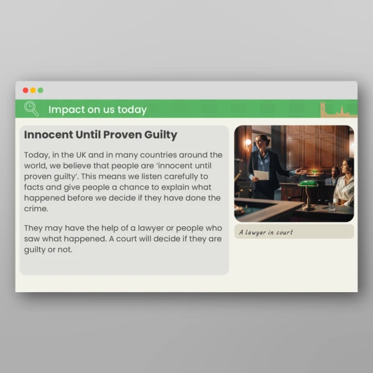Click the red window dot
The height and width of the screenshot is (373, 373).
25,90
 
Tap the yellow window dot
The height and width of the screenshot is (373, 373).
33,90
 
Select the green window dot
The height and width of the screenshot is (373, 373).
40,90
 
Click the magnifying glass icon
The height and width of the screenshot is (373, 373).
30,108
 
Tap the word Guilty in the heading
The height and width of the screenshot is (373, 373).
160,135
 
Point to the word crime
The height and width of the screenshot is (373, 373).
36,209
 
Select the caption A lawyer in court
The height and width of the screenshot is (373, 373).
266,232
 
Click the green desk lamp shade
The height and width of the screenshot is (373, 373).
308,183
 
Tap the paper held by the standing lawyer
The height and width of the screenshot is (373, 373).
261,175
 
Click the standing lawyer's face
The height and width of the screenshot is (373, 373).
263,142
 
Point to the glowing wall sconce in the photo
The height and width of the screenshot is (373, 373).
247,142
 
